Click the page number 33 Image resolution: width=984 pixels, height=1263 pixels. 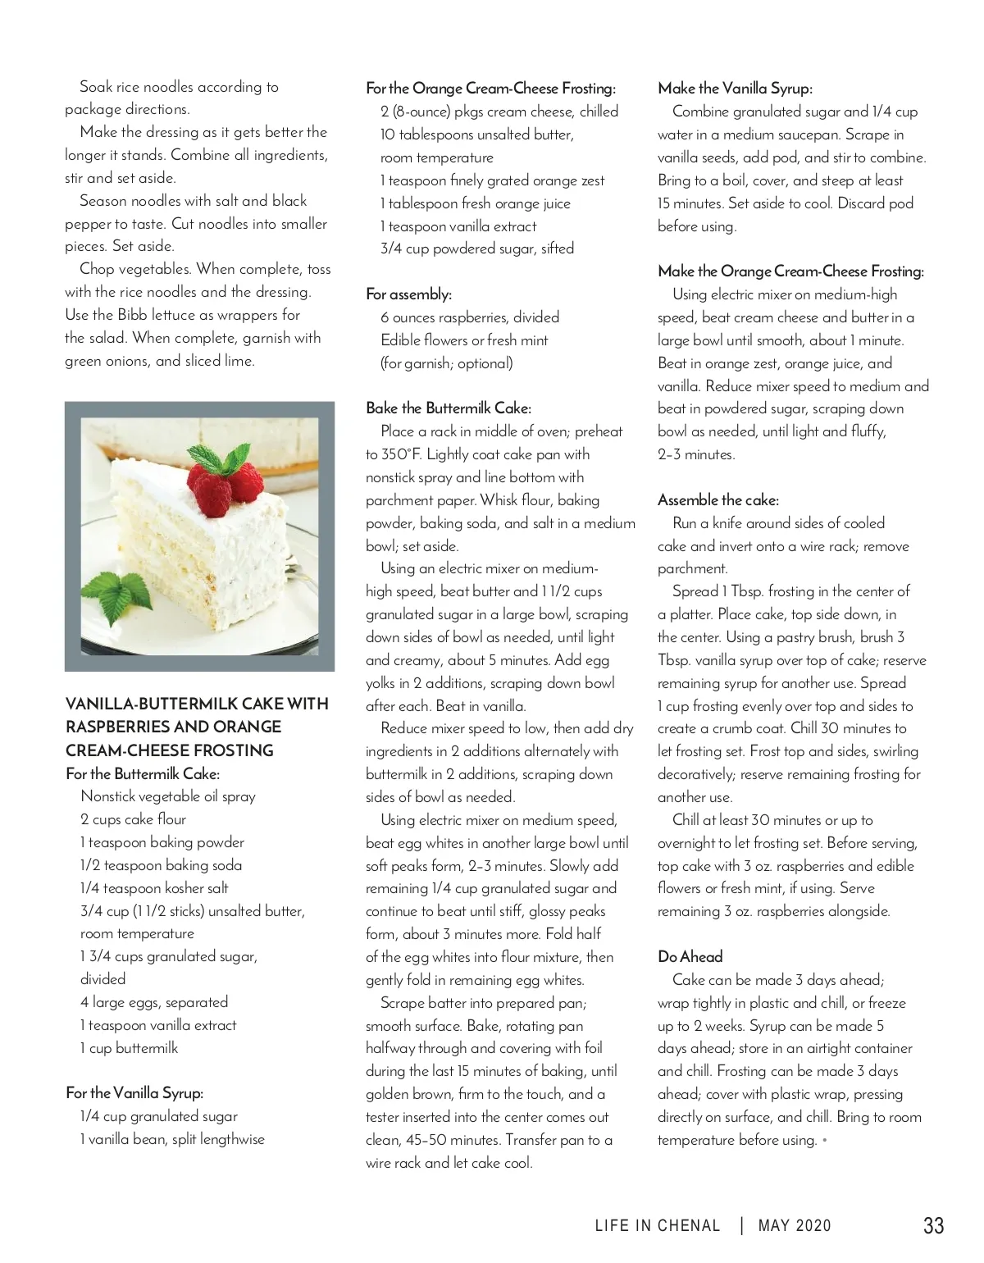tap(933, 1225)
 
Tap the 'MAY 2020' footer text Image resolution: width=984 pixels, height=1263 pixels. tap(794, 1226)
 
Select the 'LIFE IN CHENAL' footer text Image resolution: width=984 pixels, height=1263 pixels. tap(657, 1226)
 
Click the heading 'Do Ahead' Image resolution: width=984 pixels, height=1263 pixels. tap(690, 956)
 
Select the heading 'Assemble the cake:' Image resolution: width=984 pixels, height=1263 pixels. tap(717, 499)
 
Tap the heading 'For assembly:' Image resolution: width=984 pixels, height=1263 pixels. tap(408, 294)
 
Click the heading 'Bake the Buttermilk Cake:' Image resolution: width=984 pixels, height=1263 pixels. tap(448, 408)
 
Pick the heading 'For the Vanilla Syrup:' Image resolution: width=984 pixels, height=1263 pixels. tap(134, 1093)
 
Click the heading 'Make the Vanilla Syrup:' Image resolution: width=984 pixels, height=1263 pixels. tap(735, 89)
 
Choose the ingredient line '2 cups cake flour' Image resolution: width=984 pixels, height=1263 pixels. tap(133, 819)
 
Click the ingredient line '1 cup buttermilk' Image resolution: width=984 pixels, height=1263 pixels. tap(129, 1048)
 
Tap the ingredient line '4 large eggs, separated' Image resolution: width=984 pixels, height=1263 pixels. tap(154, 1002)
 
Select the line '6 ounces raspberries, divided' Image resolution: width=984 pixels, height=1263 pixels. tap(469, 317)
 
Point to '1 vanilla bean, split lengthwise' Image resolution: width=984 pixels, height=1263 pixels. tap(172, 1139)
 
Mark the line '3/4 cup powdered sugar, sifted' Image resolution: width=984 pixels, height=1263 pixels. tap(476, 248)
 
